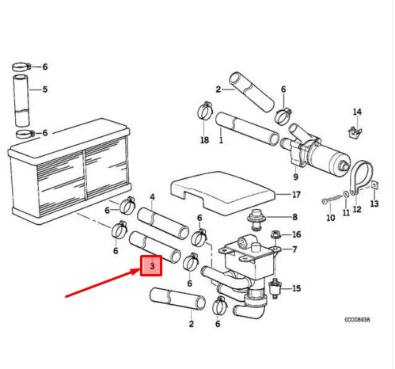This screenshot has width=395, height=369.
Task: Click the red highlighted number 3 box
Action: [x=151, y=265]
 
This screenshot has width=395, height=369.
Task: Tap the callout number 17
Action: [x=296, y=195]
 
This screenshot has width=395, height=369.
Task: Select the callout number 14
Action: [x=357, y=112]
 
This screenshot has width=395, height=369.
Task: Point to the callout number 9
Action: [x=295, y=177]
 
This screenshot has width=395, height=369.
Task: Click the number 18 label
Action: [x=204, y=140]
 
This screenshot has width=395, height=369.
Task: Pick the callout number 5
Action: [x=45, y=89]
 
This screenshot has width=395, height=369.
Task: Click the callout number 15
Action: [x=297, y=288]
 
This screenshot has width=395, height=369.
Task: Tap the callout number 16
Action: [x=297, y=234]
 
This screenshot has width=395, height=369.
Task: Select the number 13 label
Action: [x=374, y=204]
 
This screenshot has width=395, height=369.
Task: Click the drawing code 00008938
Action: [x=357, y=320]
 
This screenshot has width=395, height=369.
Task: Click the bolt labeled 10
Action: [x=332, y=200]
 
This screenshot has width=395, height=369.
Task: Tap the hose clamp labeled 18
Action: [x=205, y=111]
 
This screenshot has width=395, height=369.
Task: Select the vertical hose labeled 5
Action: [x=21, y=101]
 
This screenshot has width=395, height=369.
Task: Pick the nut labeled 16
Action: [x=275, y=234]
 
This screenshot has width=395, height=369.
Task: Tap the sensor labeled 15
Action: [x=275, y=288]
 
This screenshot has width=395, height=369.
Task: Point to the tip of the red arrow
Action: [x=140, y=269]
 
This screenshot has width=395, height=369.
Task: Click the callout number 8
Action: [x=295, y=217]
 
